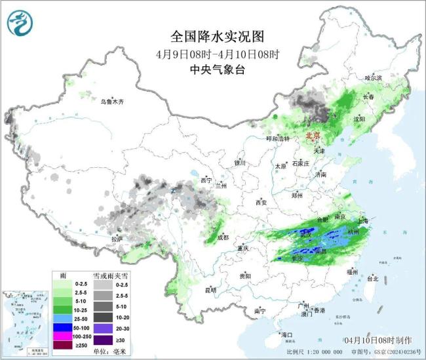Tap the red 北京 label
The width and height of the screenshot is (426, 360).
(313, 136)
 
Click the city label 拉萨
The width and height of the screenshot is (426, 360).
(117, 240)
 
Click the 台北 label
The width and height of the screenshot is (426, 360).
(372, 278)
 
